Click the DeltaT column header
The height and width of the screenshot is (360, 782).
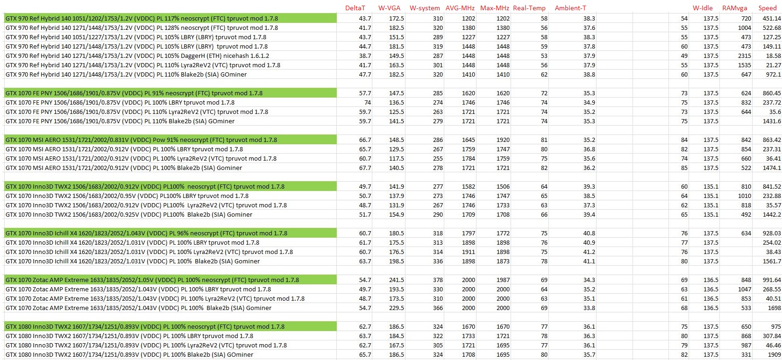tap(355, 8)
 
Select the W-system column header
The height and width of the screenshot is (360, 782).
tap(425, 8)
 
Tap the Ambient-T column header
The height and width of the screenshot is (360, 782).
tap(570, 8)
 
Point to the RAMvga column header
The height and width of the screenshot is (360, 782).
tap(734, 8)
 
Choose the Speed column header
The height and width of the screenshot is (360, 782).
tap(768, 8)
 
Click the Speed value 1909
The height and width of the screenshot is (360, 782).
tap(774, 355)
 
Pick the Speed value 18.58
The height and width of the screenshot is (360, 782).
tap(773, 56)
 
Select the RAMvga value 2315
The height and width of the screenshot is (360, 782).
tap(745, 56)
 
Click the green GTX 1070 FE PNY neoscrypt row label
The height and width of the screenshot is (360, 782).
tap(134, 93)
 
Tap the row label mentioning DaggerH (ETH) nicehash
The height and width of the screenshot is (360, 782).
tap(137, 56)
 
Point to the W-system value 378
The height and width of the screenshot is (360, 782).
tap(438, 280)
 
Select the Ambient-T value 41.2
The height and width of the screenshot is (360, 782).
tap(589, 252)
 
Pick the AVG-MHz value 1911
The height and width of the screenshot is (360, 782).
tap(469, 252)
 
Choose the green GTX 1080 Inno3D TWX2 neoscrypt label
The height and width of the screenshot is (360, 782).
tap(145, 327)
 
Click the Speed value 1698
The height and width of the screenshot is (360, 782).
tap(774, 308)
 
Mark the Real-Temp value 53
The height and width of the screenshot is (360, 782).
tap(544, 56)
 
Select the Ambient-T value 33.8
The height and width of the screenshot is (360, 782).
tap(589, 308)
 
